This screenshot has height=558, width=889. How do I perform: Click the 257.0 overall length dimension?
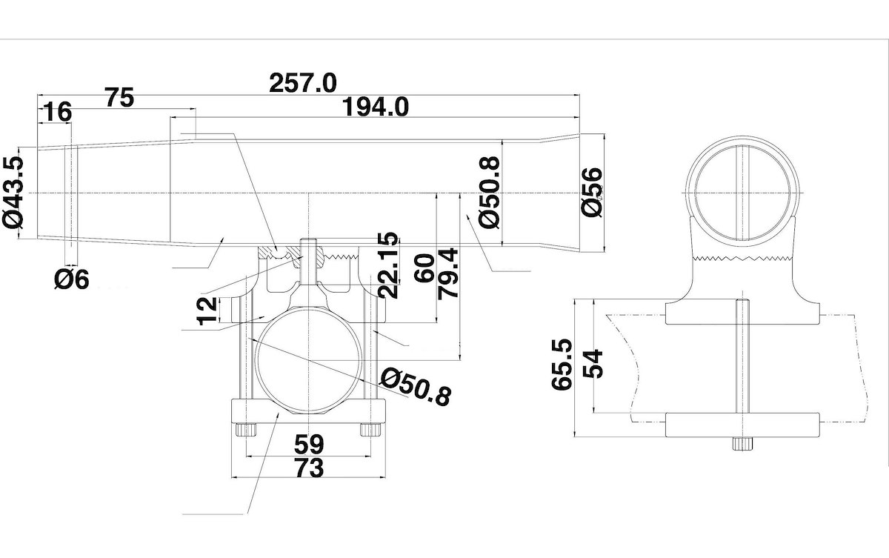pos(303,82)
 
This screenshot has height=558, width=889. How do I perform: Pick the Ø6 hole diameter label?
pos(71,279)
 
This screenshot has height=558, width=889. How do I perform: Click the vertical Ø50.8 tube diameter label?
pos(490,192)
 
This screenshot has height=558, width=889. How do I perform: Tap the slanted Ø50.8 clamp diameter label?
pos(415,386)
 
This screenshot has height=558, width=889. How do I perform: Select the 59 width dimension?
pos(308,445)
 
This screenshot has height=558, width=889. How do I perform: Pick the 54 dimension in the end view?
pos(595,364)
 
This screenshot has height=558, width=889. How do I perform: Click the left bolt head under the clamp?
pos(245,431)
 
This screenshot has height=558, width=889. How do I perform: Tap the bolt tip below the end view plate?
pos(742,443)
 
